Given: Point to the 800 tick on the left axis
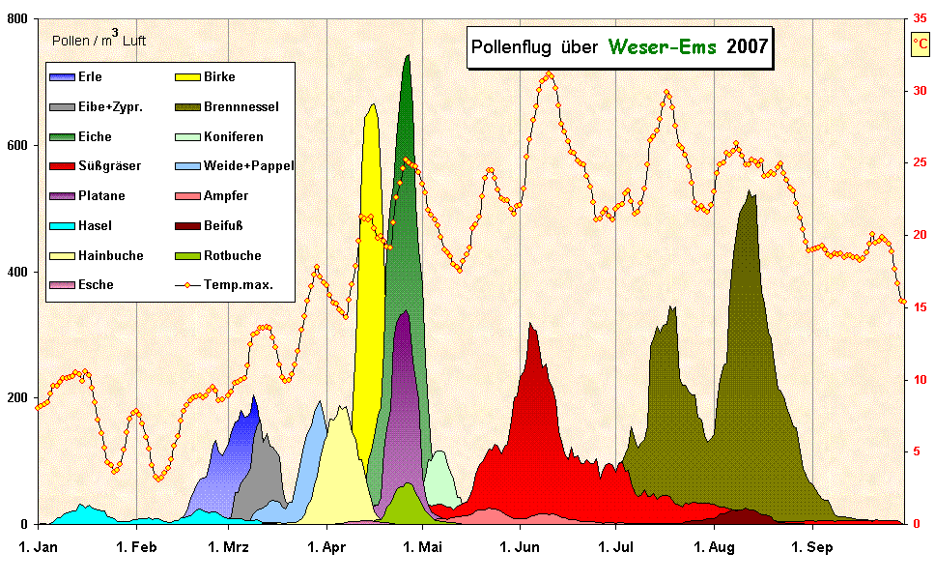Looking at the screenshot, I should (17, 18).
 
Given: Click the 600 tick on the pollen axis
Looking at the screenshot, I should (17, 145).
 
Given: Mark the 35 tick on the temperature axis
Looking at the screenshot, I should (920, 18).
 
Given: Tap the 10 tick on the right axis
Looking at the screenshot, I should (920, 380).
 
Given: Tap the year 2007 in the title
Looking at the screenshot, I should (747, 46).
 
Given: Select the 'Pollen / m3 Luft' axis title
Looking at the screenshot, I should (98, 41).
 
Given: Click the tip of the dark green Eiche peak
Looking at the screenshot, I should (408, 56).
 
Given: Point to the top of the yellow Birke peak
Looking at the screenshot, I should (373, 105).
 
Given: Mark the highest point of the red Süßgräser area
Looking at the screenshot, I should (530, 325).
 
